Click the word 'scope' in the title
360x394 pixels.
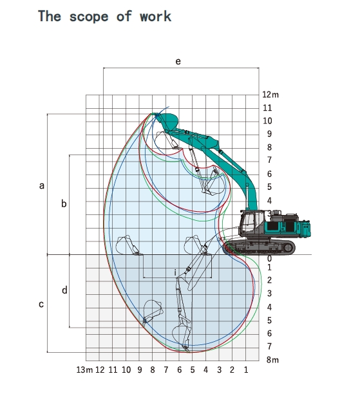pos(89,17)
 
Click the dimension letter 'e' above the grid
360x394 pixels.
pos(178,62)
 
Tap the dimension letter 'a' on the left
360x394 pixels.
pos(42,185)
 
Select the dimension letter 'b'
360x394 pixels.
pos(64,203)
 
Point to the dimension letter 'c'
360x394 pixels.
pos(41,305)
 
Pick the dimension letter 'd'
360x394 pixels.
pos(64,290)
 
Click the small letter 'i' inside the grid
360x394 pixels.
pos(175,272)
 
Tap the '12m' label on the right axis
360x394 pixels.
pos(270,95)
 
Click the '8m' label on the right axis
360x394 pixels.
pos(273,360)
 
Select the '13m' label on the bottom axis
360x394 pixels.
pos(84,370)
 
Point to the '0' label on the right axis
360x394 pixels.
pos(269,258)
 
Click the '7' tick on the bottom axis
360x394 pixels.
pos(166,370)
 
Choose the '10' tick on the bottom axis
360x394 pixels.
pos(126,370)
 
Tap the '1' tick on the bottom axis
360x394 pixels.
pos(246,370)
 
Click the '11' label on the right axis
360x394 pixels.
pos(267,108)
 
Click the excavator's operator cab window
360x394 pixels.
pos(248,220)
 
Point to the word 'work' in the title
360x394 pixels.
pos(156,17)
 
